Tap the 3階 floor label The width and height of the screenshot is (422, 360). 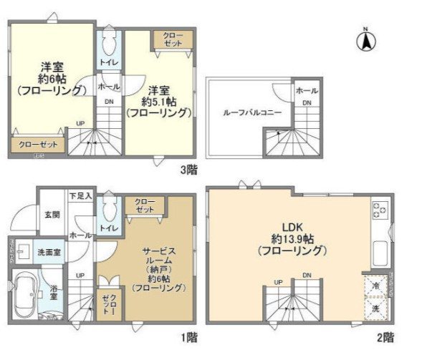pyautogui.click(x=189, y=170)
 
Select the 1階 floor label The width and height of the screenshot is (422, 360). pyautogui.click(x=189, y=336)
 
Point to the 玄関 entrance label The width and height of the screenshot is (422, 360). pyautogui.click(x=52, y=214)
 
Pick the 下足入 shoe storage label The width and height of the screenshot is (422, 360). pyautogui.click(x=80, y=195)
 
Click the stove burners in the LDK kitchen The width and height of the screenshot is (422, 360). pyautogui.click(x=379, y=210)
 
